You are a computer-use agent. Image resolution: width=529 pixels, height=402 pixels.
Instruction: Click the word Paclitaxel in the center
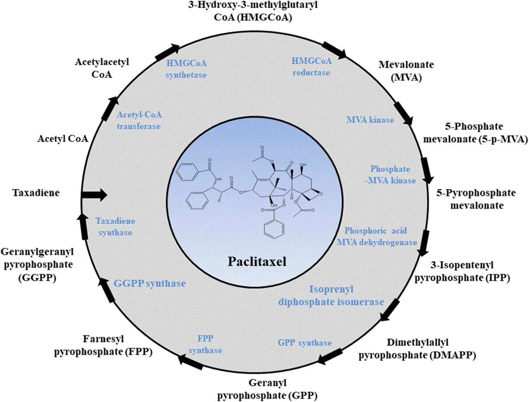pos(257,261)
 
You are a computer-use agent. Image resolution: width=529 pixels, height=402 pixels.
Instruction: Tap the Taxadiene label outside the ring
pos(36,193)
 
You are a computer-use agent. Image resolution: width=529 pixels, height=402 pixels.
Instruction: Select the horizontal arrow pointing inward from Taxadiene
pos(94,195)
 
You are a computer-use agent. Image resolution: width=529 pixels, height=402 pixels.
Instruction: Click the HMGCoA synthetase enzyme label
pos(186,69)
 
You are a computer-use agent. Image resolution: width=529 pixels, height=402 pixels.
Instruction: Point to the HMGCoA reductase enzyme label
pos(311,67)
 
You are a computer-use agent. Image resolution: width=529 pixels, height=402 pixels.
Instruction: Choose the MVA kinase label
pos(370,120)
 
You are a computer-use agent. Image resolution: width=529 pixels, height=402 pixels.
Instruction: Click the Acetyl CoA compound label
pos(63,139)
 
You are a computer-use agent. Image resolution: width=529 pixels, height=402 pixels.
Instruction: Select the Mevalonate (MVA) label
pos(406,71)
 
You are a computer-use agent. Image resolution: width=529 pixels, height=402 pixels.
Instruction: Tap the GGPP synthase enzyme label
pos(150,283)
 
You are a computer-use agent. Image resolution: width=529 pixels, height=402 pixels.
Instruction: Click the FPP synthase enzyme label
pos(205,344)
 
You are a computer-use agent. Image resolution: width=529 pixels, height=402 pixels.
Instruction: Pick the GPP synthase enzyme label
pos(305,342)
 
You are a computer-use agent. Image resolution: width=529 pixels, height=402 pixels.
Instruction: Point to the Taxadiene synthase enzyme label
pos(115,227)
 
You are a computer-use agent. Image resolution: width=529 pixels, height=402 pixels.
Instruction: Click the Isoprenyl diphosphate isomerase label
pos(331,296)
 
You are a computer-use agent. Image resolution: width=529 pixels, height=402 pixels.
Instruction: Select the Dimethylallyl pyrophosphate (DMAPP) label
pos(417,349)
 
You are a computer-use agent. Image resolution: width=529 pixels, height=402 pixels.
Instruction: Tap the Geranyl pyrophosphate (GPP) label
pos(267,389)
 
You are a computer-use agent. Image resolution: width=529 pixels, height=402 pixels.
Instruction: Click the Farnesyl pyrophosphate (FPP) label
pos(103,345)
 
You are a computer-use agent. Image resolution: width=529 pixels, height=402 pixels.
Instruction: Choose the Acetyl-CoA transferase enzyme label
pos(139,120)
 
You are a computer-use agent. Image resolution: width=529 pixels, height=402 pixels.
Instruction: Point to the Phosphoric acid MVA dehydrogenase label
pos(376,237)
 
